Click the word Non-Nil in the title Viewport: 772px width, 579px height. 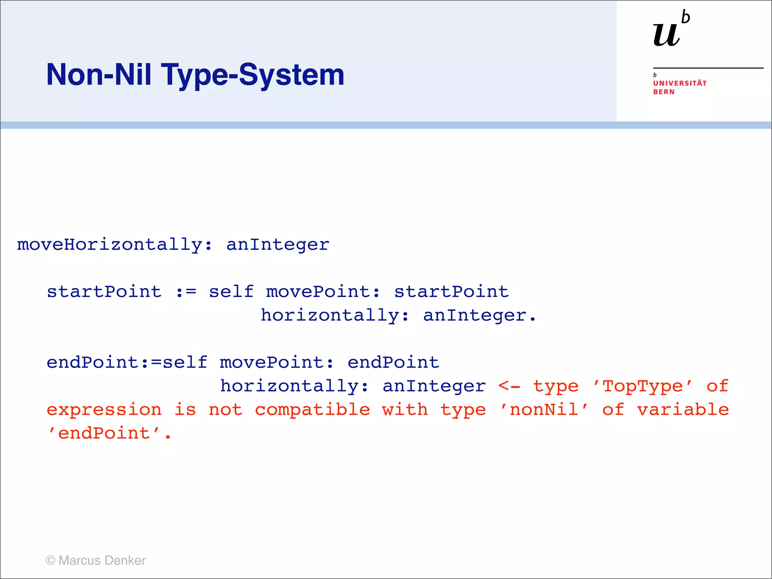click(x=99, y=75)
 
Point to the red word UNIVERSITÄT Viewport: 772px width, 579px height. click(x=680, y=83)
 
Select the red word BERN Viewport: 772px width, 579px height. click(x=664, y=92)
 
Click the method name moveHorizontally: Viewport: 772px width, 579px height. click(x=115, y=245)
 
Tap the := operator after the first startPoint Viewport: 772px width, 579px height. click(x=186, y=292)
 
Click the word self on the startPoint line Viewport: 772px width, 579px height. click(x=231, y=292)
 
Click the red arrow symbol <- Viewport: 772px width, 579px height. click(x=509, y=386)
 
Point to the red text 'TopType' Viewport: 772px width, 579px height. click(x=642, y=386)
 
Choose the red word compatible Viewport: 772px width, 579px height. click(x=312, y=410)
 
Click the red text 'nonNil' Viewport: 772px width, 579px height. click(x=544, y=410)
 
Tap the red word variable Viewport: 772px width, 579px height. click(x=683, y=410)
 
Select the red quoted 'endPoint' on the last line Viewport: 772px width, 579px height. click(x=104, y=433)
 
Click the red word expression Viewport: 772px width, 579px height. click(x=104, y=410)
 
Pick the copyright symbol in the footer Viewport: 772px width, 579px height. click(x=50, y=561)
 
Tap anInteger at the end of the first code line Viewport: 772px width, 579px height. click(x=278, y=245)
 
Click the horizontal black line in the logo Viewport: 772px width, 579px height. click(x=708, y=68)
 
